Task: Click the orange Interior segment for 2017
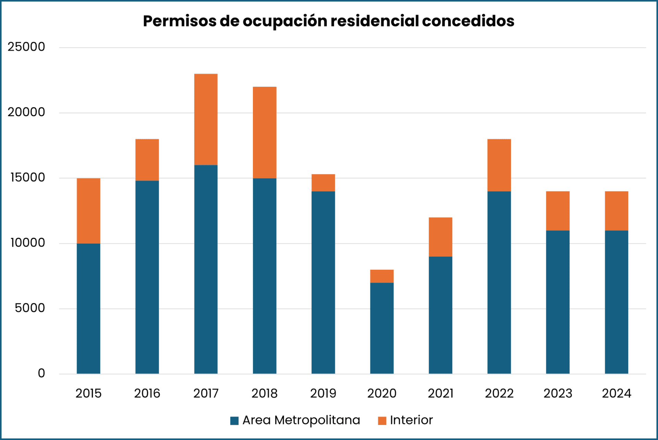[x=206, y=119]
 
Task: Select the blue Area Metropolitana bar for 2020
[x=382, y=328]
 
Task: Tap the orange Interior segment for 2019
[x=323, y=183]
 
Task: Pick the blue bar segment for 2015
[x=88, y=309]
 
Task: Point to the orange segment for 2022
[x=499, y=165]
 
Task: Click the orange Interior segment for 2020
[x=382, y=276]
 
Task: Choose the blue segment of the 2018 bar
[x=265, y=276]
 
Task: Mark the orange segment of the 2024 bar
[x=616, y=211]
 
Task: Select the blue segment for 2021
[x=440, y=315]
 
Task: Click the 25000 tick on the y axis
[x=26, y=47]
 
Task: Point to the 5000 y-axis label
[x=30, y=308]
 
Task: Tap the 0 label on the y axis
[x=41, y=373]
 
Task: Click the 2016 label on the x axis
[x=147, y=393]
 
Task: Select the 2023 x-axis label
[x=558, y=393]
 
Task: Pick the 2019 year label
[x=323, y=393]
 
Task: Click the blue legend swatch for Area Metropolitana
[x=234, y=421]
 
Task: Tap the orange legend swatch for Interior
[x=382, y=421]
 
